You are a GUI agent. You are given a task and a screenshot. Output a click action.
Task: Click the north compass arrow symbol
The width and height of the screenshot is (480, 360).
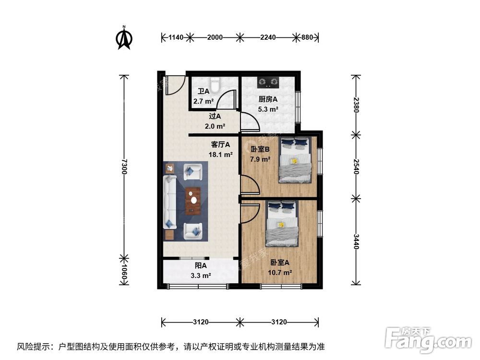coord(125,38)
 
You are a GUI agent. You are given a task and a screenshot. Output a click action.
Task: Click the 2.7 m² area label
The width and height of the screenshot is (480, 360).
coord(203,101)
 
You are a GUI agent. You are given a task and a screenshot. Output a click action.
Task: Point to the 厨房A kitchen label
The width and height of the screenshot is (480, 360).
coord(268,99)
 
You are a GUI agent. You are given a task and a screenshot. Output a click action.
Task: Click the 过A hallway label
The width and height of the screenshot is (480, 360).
coord(215,116)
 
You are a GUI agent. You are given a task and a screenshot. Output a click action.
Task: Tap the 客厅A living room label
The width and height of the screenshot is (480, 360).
coord(221,144)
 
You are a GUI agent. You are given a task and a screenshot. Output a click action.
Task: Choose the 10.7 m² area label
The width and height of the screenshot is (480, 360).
coord(280,272)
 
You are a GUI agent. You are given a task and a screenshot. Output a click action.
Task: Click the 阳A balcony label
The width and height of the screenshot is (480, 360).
coord(200,265)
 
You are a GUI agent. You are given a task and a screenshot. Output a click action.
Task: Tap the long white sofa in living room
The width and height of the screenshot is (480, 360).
coord(170,202)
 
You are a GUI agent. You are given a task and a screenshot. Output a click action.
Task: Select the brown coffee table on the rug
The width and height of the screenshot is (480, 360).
coord(194,200)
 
